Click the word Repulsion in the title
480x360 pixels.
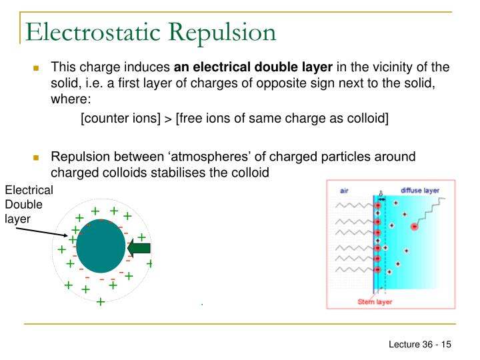[227, 31]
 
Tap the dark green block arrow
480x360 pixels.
[139, 249]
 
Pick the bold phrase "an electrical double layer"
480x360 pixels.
[253, 67]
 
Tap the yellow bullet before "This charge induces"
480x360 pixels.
[38, 68]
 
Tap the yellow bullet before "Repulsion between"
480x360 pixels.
[38, 158]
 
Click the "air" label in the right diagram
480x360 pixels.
[345, 191]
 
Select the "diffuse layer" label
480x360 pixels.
[419, 190]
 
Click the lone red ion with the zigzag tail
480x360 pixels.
[414, 227]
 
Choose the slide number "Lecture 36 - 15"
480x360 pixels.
[421, 344]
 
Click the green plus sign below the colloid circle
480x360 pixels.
[101, 301]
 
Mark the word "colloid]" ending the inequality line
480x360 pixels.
[368, 118]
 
